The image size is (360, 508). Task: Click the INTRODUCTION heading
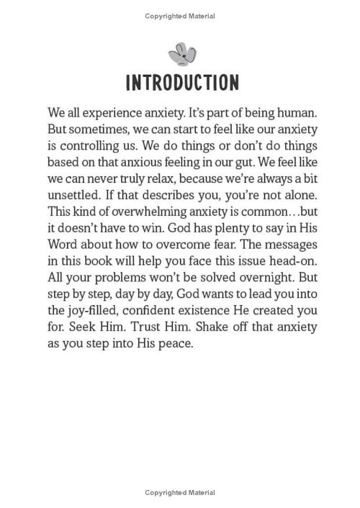pyautogui.click(x=179, y=81)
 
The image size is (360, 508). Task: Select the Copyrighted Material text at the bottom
pyautogui.click(x=179, y=493)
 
